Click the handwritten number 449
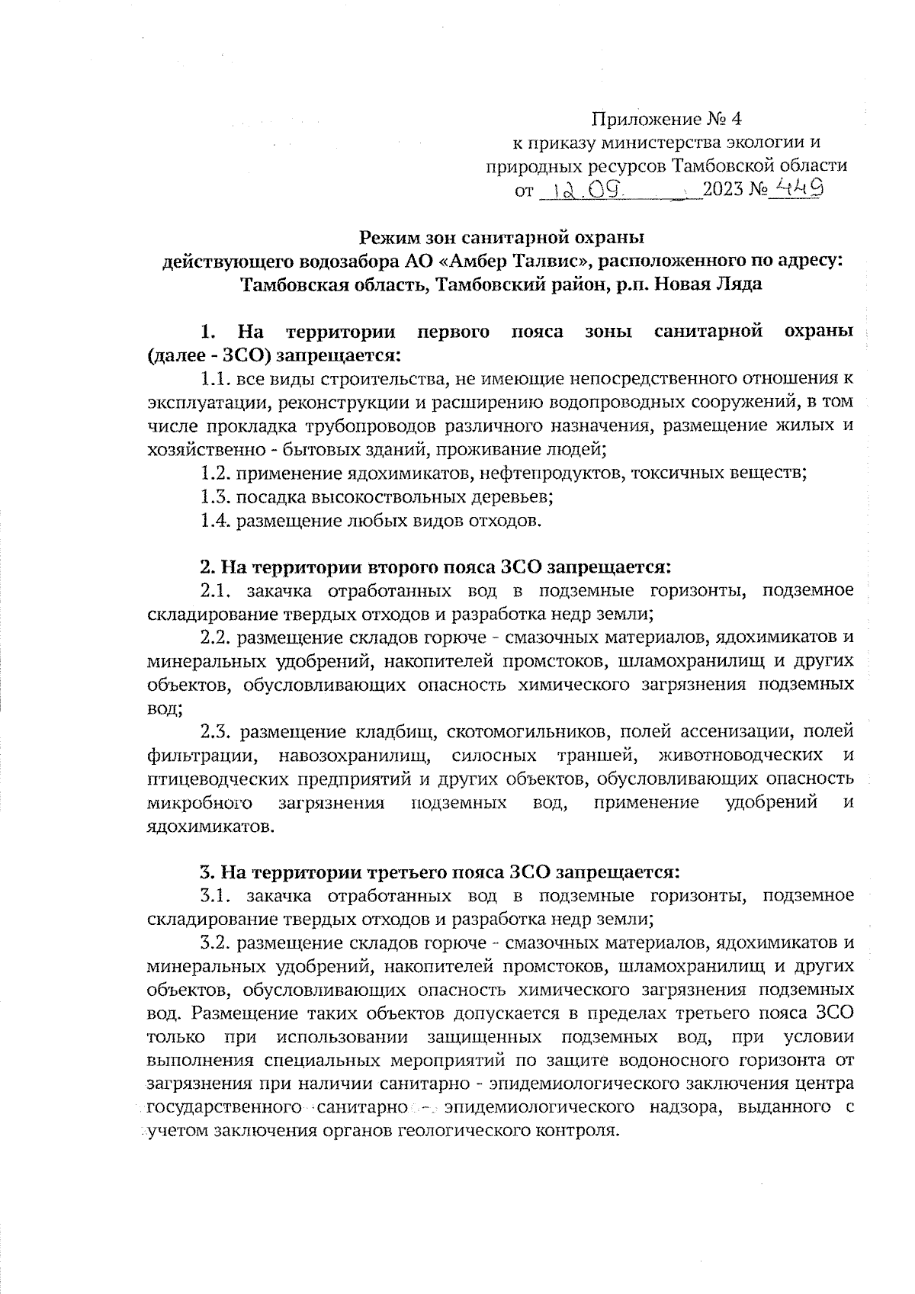click(795, 186)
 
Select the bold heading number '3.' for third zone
click(205, 871)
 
